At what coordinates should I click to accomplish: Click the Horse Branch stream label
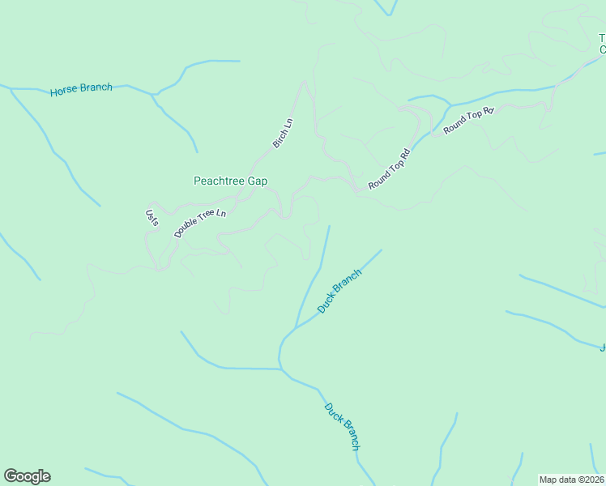(81, 88)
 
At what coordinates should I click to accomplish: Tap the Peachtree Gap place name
(230, 181)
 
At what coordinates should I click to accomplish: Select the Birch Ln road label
(283, 134)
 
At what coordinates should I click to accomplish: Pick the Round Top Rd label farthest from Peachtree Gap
(468, 120)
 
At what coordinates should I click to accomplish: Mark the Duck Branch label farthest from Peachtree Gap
(342, 426)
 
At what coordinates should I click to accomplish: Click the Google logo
(27, 476)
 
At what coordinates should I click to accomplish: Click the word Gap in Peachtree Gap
(257, 181)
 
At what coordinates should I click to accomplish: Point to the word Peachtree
(219, 181)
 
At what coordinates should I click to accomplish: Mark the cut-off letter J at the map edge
(603, 348)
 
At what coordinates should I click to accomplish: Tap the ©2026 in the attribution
(590, 480)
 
